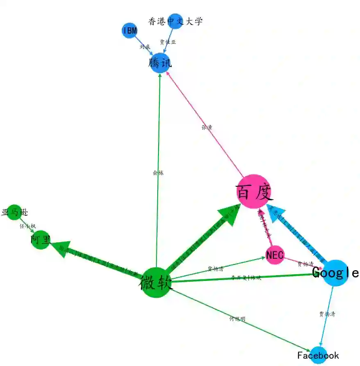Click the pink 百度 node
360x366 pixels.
(x=254, y=192)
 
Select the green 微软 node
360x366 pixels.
(x=156, y=282)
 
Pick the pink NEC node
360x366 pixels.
(x=274, y=255)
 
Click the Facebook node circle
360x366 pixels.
(x=319, y=355)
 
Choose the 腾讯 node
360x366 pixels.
(x=160, y=63)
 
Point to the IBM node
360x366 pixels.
(x=129, y=31)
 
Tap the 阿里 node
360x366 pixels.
(x=41, y=240)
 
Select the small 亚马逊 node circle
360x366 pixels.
(x=14, y=212)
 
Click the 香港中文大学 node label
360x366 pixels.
(x=175, y=21)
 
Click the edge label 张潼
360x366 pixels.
(x=207, y=127)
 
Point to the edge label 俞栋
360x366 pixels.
(x=158, y=173)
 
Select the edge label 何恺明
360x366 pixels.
(x=237, y=319)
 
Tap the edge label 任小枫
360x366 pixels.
(x=28, y=226)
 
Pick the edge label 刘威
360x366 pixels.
(x=145, y=47)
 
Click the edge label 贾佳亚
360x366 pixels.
(x=168, y=42)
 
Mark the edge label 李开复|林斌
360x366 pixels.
(x=246, y=278)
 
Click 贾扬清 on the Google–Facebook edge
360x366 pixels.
(x=327, y=314)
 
